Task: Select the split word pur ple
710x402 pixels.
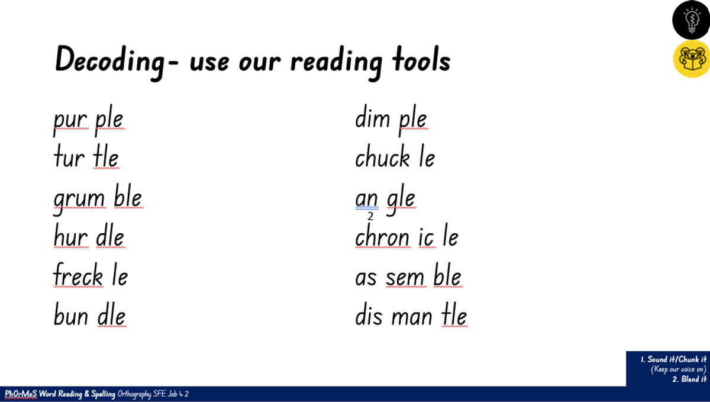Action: tap(88, 121)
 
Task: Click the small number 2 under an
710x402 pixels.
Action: tap(370, 216)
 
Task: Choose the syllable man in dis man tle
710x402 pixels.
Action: tap(412, 317)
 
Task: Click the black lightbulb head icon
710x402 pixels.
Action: tap(691, 20)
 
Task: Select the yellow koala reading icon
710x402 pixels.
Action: tap(692, 59)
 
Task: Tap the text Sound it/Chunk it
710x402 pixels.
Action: tap(677, 359)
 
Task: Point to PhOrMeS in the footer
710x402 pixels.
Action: tap(21, 394)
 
